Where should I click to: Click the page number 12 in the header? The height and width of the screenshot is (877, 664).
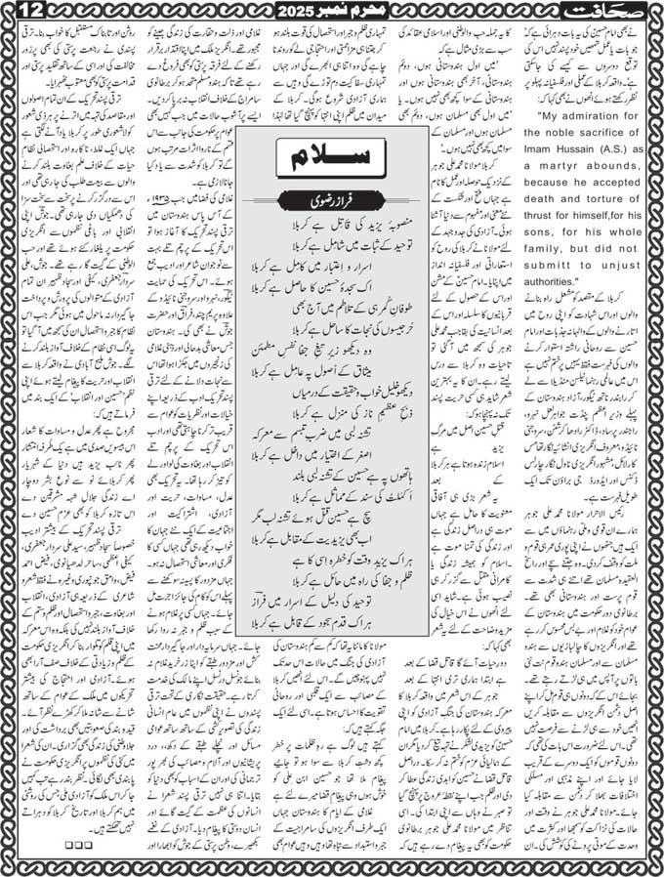tap(18, 13)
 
